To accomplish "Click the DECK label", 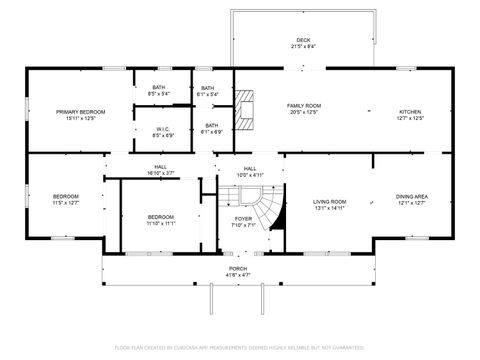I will click(303, 41).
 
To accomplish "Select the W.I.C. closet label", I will click(163, 128).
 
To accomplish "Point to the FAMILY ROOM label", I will click(304, 106).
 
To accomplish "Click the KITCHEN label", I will click(411, 112).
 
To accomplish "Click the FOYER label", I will click(243, 219).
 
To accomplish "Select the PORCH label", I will click(239, 269).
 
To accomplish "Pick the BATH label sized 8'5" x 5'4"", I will click(159, 88).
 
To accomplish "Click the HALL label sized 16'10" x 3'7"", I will click(161, 167).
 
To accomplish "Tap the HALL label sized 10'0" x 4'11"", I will click(250, 168).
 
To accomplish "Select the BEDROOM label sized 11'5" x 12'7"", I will click(66, 196).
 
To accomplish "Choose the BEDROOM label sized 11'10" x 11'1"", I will click(161, 217).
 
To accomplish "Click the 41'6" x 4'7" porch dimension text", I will click(239, 275).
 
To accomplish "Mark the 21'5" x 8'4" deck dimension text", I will click(303, 47).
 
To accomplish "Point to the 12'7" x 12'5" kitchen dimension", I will click(411, 118).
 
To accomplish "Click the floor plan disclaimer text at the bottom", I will click(240, 347).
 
